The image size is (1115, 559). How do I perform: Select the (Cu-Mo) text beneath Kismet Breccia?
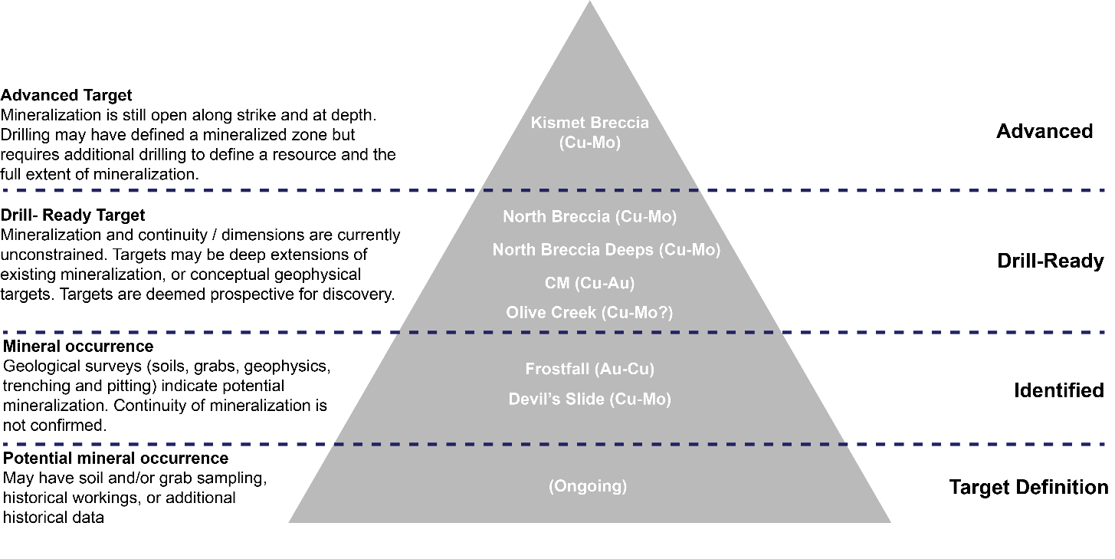[x=589, y=143]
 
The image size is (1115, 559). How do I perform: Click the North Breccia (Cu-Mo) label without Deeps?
[x=589, y=217]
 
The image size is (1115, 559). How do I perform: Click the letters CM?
[x=557, y=283]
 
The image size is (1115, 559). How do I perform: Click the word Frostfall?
[x=557, y=369]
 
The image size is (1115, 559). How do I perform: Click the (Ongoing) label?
[x=588, y=486]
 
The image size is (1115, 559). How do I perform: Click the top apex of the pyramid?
[x=589, y=3]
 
